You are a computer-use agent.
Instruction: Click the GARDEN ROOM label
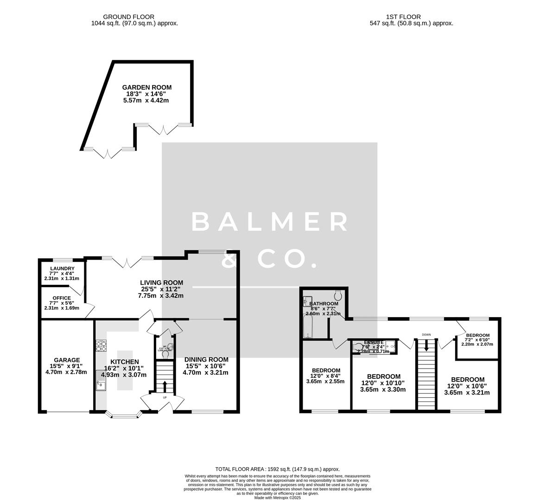click(146, 87)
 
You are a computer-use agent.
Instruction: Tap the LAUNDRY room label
click(62, 269)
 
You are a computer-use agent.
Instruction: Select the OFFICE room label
click(62, 298)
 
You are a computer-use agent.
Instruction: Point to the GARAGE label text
click(67, 360)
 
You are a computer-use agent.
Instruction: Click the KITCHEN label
click(124, 362)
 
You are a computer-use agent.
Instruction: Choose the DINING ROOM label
click(206, 359)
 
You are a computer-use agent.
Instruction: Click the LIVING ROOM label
click(161, 282)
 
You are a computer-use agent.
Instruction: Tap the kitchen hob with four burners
click(101, 345)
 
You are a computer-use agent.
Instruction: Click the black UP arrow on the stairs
click(165, 386)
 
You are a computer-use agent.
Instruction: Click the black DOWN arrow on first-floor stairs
click(426, 345)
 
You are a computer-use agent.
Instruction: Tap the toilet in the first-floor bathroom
click(337, 294)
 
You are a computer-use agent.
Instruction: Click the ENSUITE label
click(374, 342)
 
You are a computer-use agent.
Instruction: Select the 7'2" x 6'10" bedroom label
click(477, 335)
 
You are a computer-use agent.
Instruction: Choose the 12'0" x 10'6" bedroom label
click(467, 379)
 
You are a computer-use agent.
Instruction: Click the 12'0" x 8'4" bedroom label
click(326, 370)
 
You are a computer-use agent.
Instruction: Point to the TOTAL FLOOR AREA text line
click(278, 469)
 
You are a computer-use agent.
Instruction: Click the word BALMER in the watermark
click(270, 222)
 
